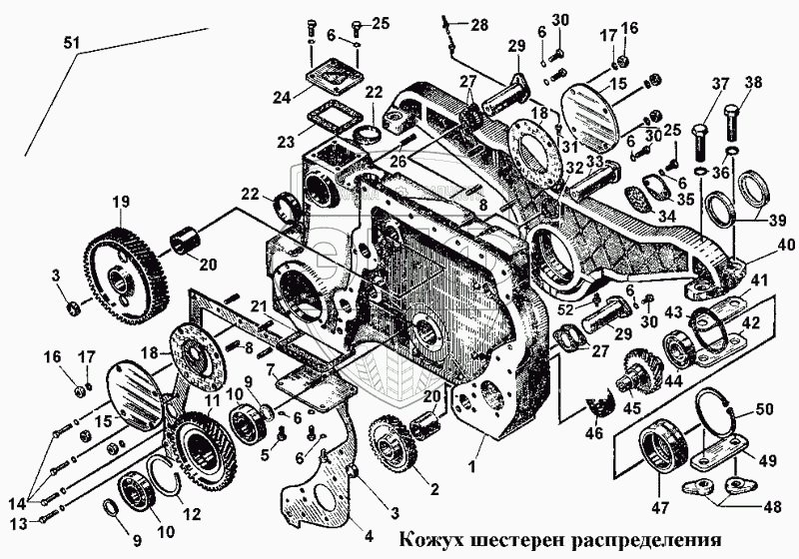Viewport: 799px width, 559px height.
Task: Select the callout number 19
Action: (120, 202)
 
